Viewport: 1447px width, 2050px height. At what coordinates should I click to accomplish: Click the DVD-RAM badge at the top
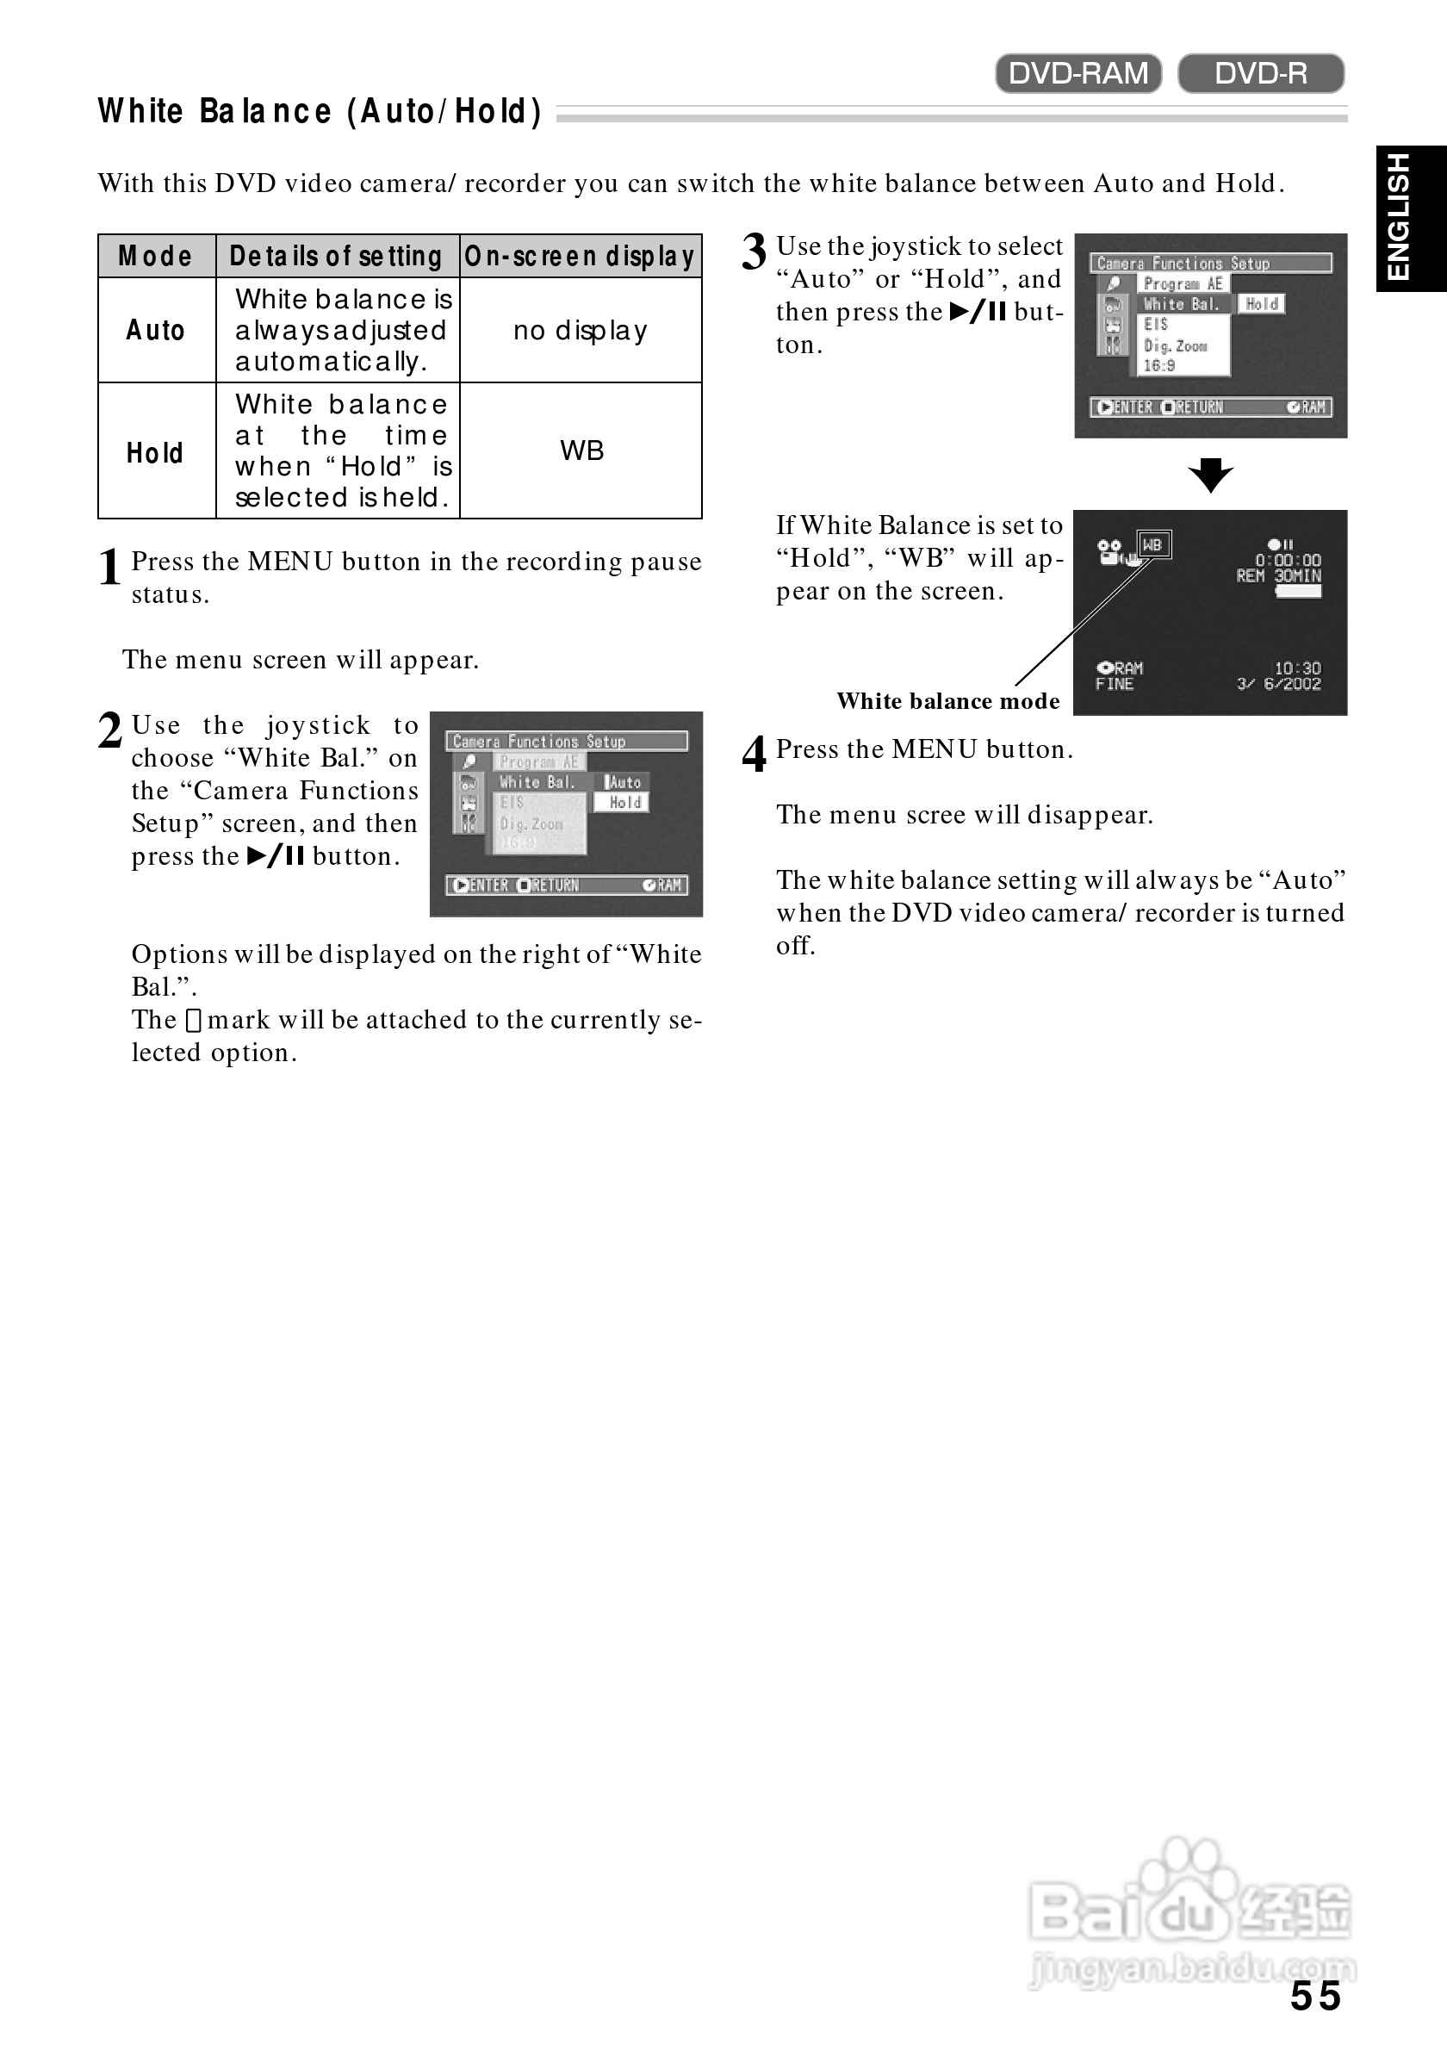1077,73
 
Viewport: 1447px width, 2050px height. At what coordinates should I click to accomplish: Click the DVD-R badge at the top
1260,73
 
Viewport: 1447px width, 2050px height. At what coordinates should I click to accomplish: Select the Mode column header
155,257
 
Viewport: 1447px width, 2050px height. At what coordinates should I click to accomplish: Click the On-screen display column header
580,257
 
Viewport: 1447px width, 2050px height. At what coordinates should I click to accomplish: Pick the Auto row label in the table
155,331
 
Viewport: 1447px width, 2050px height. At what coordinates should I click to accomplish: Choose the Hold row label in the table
155,453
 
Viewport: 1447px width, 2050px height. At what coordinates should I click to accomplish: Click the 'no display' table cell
581,331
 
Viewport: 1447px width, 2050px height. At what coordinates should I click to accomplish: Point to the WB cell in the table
582,450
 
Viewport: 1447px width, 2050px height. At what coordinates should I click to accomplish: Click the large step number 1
109,568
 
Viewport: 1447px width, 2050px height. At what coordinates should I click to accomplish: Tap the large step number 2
109,731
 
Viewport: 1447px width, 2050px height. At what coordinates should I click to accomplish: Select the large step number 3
755,252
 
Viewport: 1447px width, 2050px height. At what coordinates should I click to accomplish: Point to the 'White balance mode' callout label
948,701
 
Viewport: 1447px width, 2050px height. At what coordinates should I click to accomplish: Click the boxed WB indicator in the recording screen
1153,544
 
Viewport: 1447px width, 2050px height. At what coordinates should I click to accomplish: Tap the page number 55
1315,1996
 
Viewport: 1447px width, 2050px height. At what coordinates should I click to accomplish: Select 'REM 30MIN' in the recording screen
1278,576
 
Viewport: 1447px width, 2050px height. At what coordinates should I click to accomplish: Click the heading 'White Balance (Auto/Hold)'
320,112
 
